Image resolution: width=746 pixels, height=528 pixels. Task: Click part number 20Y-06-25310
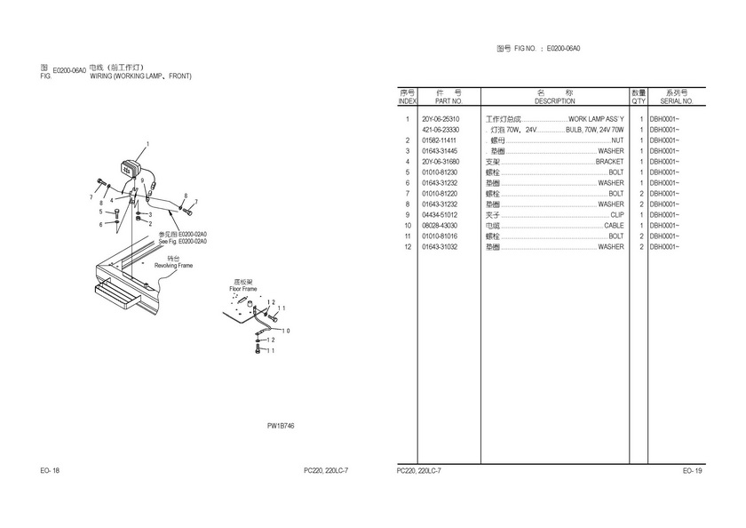coord(440,119)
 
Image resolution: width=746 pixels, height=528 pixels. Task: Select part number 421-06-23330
coord(440,130)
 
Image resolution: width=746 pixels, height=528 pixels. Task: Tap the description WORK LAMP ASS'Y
coord(596,119)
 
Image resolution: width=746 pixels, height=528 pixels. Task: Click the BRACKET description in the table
coord(609,162)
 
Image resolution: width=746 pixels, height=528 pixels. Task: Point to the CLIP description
coord(617,215)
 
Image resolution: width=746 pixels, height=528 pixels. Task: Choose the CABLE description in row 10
coord(614,226)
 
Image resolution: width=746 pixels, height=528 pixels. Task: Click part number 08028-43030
coord(440,226)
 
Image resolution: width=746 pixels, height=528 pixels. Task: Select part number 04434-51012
coord(440,215)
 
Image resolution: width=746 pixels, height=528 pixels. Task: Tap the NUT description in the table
coord(617,140)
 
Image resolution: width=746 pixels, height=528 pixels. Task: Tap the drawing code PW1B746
coord(281,426)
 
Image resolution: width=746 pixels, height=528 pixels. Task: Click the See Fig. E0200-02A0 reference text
coord(182,241)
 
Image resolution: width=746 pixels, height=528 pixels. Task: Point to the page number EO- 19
coord(693,470)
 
